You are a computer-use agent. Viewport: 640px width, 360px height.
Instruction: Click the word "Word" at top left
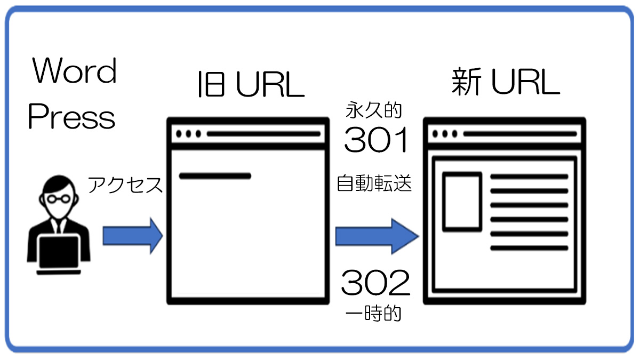click(x=75, y=71)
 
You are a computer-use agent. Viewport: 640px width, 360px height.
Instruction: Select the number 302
click(x=376, y=283)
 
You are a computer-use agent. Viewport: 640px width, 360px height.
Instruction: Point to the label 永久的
click(x=374, y=111)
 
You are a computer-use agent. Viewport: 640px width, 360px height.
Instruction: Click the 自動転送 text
click(x=374, y=184)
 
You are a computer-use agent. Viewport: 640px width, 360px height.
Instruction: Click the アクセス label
click(x=125, y=185)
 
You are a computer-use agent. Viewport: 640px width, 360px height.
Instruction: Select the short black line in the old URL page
click(x=215, y=175)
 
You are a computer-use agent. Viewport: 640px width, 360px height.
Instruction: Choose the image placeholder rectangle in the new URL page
click(x=462, y=201)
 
